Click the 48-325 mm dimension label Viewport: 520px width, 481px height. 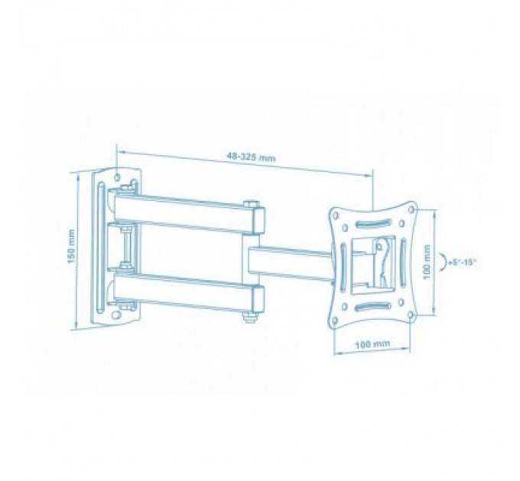coord(251,158)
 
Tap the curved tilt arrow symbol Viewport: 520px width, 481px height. coord(444,261)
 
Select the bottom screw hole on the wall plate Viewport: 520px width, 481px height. coord(117,313)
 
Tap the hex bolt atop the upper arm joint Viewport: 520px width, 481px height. coord(251,203)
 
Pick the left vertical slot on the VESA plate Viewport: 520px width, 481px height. coord(344,263)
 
